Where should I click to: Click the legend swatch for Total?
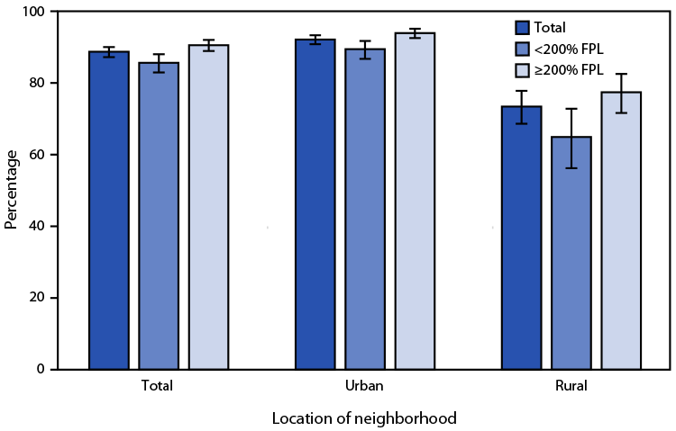pos(522,28)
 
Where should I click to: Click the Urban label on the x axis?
pos(364,386)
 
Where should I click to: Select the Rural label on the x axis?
pos(571,386)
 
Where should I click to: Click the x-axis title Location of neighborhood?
pos(364,418)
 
